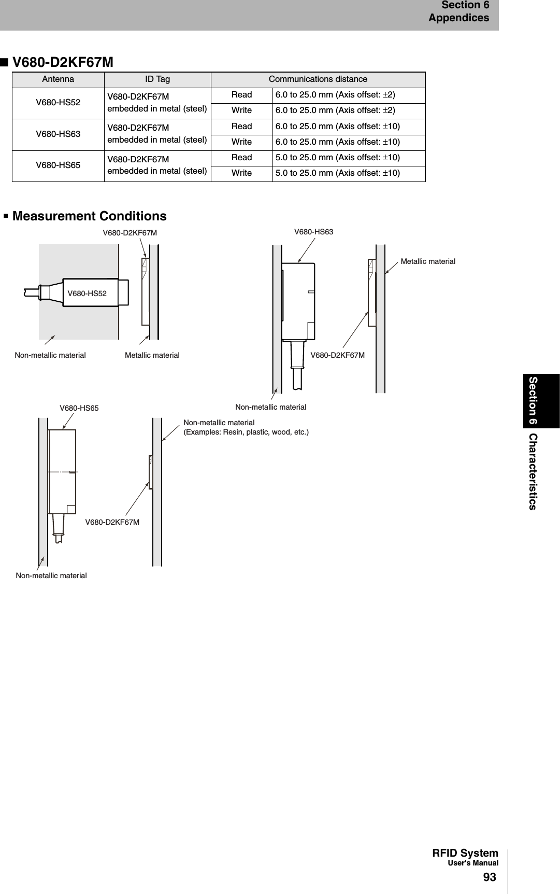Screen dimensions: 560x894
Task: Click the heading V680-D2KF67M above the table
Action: click(x=63, y=63)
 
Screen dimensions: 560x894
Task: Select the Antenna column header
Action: click(x=58, y=79)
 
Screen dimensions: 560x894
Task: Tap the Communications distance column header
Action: click(x=318, y=79)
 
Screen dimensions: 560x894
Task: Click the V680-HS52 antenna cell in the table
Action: click(x=58, y=103)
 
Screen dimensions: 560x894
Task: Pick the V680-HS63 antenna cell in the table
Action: click(x=58, y=134)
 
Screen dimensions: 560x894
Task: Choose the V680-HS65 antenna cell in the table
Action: click(x=58, y=165)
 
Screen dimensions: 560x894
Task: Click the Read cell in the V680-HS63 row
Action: click(x=241, y=127)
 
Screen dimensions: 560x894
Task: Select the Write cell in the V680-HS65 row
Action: click(x=241, y=173)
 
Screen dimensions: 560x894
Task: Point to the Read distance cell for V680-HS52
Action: click(x=335, y=95)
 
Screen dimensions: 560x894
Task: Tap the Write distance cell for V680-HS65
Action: click(x=338, y=173)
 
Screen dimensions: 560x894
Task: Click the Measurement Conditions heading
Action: click(x=89, y=216)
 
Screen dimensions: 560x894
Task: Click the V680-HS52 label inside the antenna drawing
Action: click(x=87, y=294)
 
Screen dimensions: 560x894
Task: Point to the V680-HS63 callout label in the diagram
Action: click(x=313, y=232)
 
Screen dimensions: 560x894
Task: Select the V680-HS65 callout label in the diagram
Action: click(x=79, y=408)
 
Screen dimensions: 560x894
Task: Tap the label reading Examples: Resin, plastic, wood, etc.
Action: click(x=246, y=432)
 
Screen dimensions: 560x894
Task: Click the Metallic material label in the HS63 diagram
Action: click(x=428, y=261)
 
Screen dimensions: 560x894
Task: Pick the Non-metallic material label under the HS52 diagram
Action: click(x=50, y=355)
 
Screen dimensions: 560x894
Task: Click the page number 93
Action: click(x=489, y=877)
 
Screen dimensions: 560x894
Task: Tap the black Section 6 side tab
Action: click(x=533, y=400)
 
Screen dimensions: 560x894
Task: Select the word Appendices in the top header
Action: click(x=458, y=18)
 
